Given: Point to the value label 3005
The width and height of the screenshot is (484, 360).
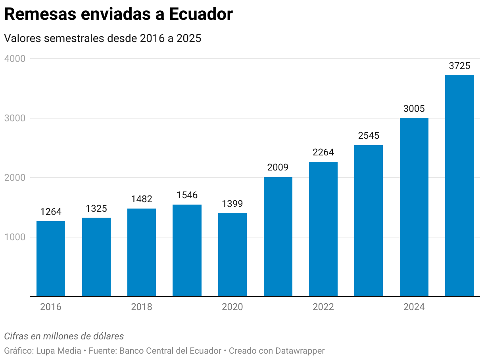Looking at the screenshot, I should tap(414, 109).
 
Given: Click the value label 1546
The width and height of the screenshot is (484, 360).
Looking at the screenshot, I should tap(187, 195).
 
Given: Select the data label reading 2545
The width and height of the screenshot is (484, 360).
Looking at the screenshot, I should tap(369, 136).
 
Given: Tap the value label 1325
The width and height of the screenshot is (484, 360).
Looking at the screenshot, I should tap(96, 209).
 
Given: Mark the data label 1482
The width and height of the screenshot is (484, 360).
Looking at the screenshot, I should tap(142, 199).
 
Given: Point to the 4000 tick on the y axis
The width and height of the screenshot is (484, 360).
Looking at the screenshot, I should tap(15, 59).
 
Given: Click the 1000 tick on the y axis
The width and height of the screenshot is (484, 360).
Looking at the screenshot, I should tap(15, 237).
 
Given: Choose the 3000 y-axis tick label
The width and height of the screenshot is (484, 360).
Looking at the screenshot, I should tap(15, 118).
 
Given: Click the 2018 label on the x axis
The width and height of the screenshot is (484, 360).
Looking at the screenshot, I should tap(142, 307).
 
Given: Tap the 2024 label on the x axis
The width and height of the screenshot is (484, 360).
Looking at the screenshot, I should tap(414, 307).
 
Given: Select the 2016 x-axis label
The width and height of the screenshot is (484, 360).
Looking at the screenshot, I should tap(51, 307).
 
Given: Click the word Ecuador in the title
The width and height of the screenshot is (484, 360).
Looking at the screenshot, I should tap(201, 15).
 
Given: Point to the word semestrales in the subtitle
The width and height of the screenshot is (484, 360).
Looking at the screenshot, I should tap(83, 38).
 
